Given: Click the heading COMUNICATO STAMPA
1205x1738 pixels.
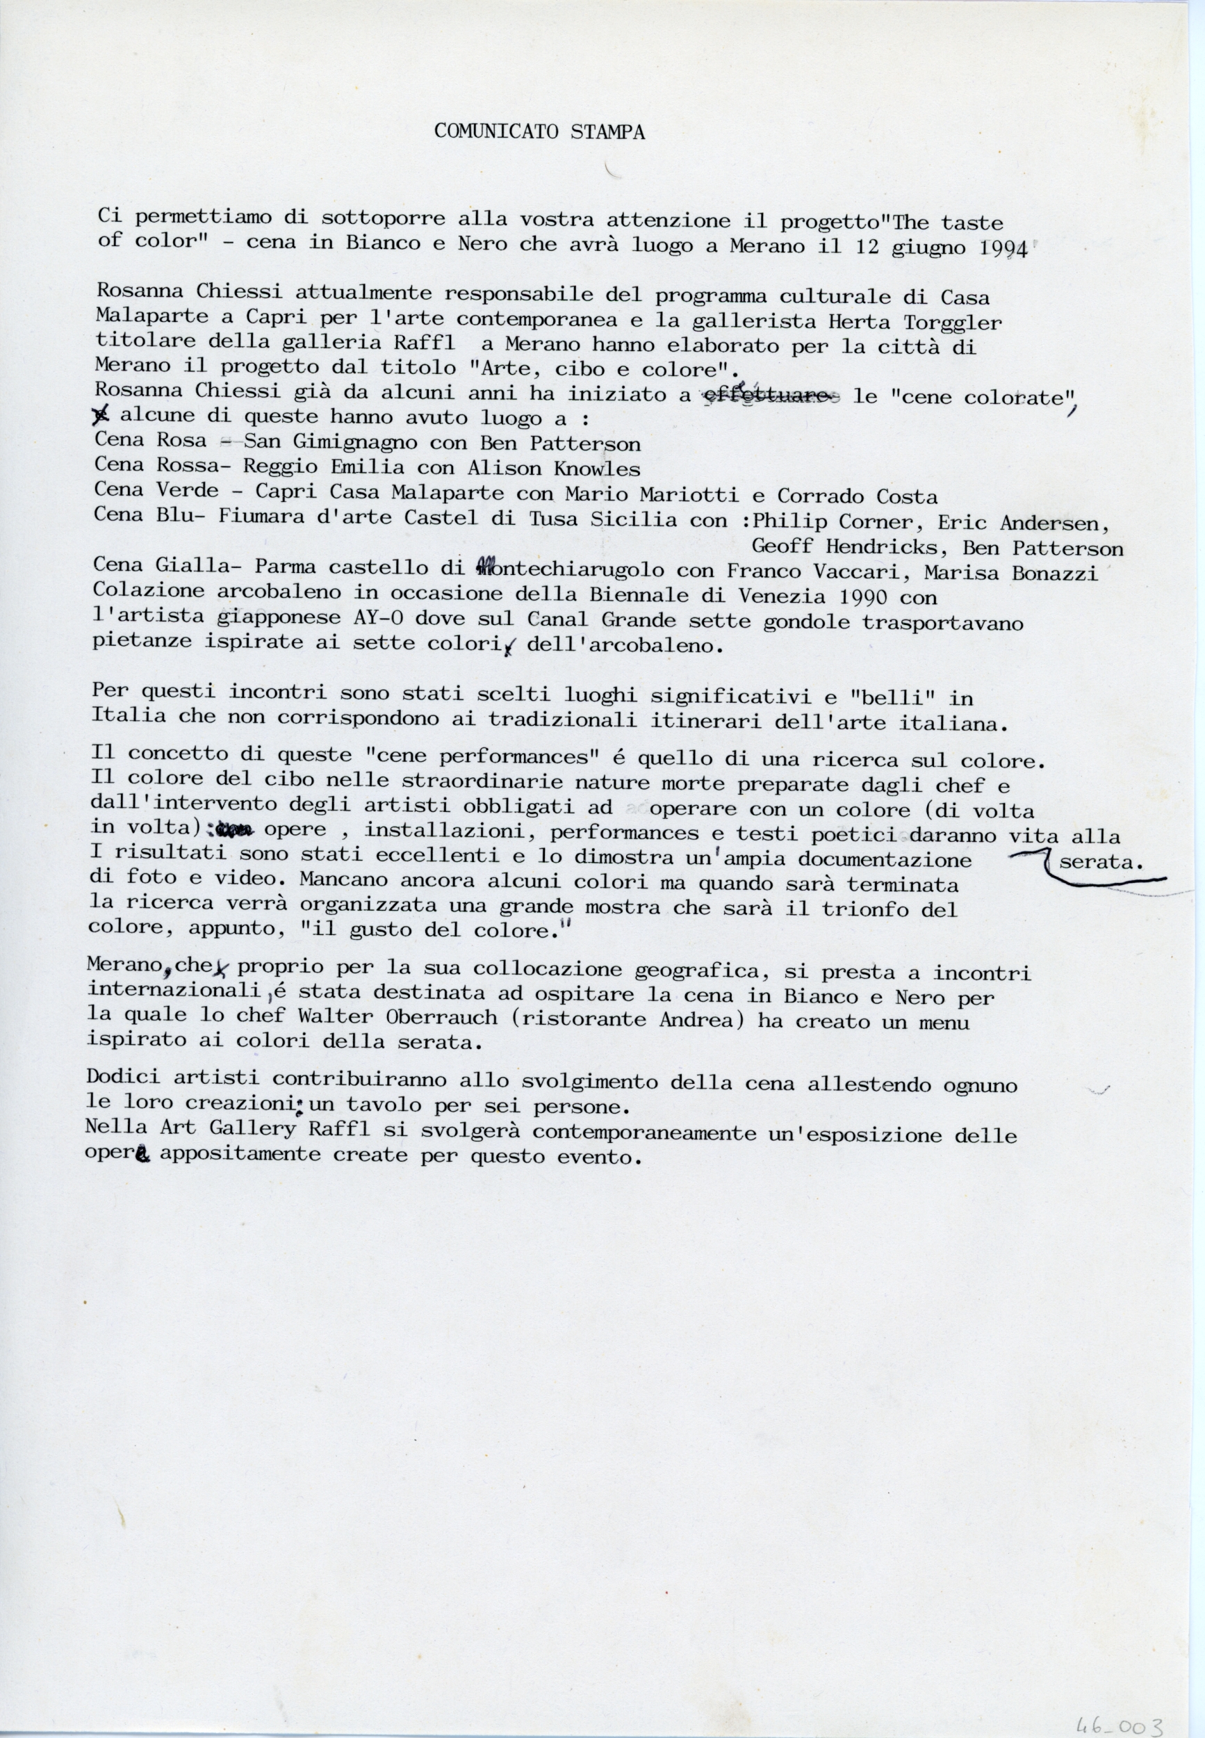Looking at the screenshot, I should pos(539,132).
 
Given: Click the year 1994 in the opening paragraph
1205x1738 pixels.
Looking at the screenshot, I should pos(1003,250).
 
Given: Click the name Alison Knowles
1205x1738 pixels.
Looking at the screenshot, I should pos(553,469).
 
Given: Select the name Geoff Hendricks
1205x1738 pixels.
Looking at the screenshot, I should pos(848,546).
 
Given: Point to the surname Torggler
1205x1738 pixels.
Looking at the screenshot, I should pos(953,323).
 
